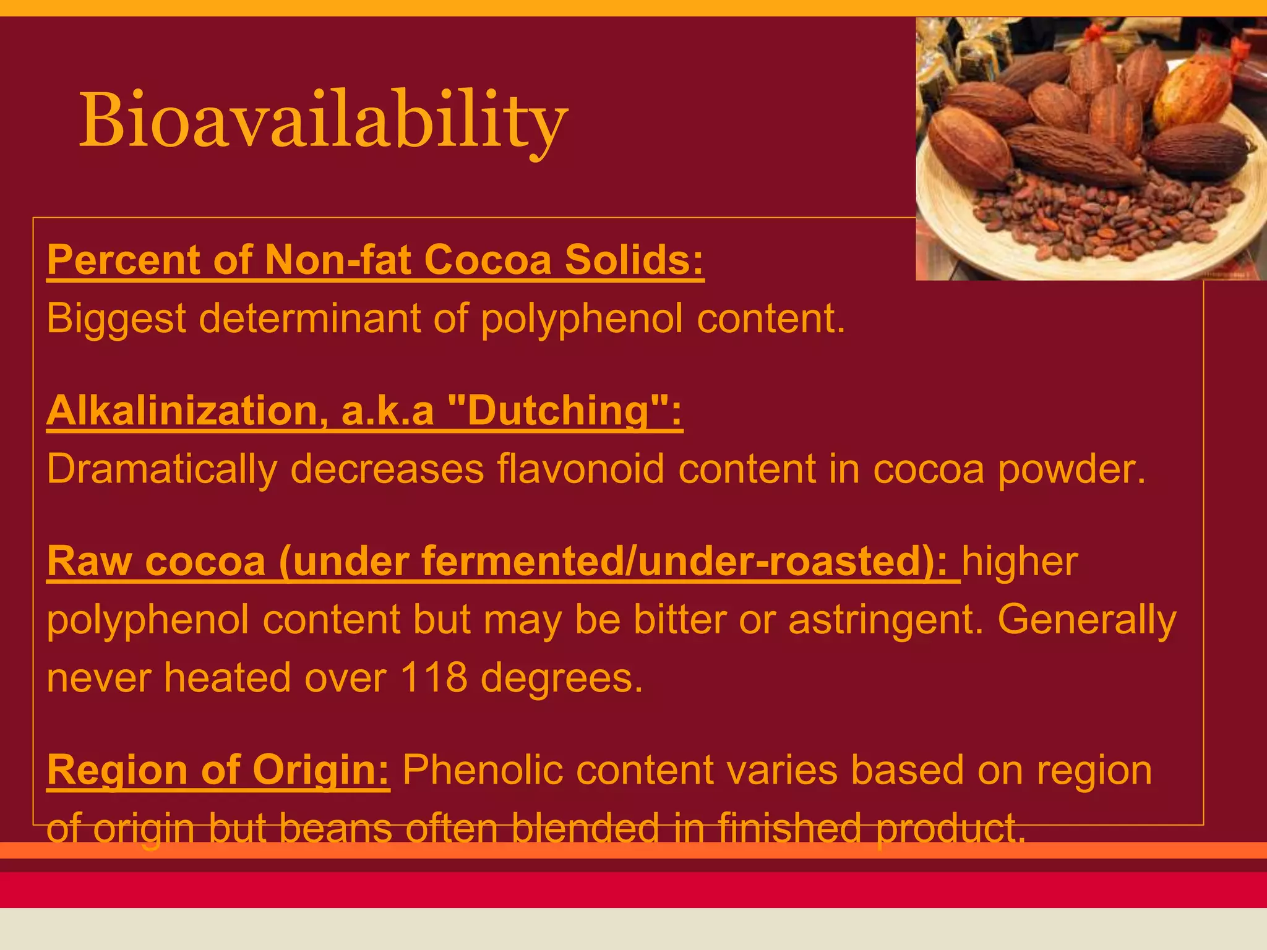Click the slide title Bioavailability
click(x=323, y=121)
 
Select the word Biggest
click(x=116, y=319)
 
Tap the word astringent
click(x=885, y=620)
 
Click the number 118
click(x=433, y=678)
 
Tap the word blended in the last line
click(x=585, y=829)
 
